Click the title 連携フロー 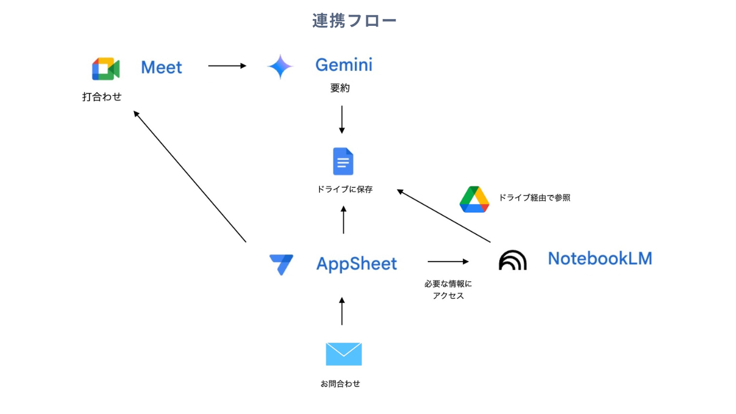point(354,21)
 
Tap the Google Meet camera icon point(106,69)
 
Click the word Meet point(162,67)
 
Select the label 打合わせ point(102,97)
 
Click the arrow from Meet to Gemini point(227,66)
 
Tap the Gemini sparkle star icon point(280,67)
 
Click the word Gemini point(344,65)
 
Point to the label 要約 point(340,89)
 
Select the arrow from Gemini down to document point(342,120)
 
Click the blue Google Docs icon point(343,162)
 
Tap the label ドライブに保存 point(345,189)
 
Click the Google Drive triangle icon point(474,200)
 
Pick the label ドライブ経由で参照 point(534,198)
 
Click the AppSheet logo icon point(281,264)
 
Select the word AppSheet point(356,264)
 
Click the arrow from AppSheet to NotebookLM point(448,262)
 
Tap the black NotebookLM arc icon point(512,260)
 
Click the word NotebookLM point(600,258)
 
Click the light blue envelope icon point(344,354)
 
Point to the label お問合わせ point(340,384)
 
